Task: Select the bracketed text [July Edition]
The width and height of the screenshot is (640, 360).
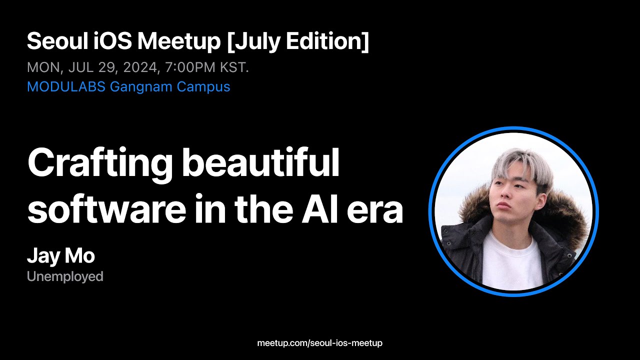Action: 298,42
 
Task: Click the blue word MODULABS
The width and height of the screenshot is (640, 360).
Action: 66,86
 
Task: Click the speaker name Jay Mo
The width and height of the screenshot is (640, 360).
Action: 60,256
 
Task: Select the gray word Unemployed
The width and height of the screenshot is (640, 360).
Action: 65,276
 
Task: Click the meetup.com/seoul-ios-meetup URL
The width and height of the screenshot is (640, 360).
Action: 319,343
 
